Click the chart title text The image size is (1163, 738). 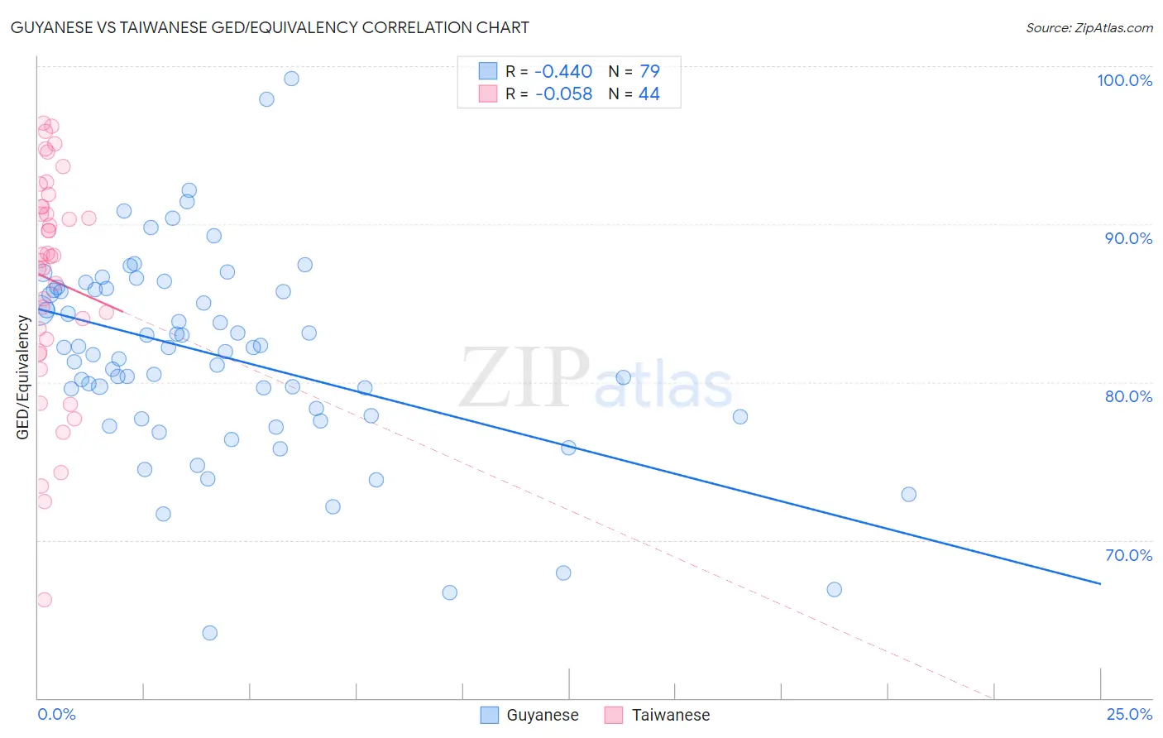click(x=270, y=27)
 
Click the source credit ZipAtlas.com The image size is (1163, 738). click(x=1089, y=27)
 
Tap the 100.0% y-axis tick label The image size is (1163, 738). click(x=1124, y=80)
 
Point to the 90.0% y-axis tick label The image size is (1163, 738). click(x=1128, y=238)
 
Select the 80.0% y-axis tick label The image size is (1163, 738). click(x=1128, y=396)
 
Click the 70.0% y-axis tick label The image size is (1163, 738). click(x=1128, y=555)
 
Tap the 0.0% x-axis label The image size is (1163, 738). click(x=56, y=714)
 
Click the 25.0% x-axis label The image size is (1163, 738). click(x=1129, y=714)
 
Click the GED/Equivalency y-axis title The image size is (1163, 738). click(x=23, y=377)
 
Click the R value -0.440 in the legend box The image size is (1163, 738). click(x=563, y=72)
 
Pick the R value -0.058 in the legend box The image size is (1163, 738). click(x=563, y=94)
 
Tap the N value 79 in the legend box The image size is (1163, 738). click(x=649, y=72)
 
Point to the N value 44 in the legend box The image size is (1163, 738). click(x=649, y=94)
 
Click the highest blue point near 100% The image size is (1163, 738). click(x=291, y=79)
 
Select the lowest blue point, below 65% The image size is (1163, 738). click(x=210, y=633)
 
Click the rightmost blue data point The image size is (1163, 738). click(x=908, y=494)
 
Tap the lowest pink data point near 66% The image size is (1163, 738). click(x=45, y=600)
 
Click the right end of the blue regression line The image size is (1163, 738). click(x=1100, y=583)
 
